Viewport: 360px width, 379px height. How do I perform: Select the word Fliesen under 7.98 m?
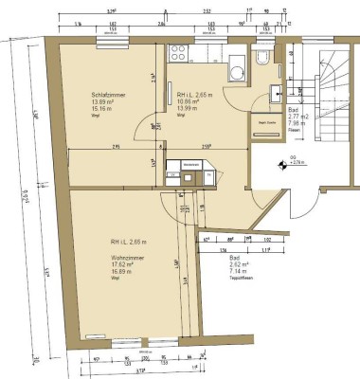[x=294, y=130]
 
